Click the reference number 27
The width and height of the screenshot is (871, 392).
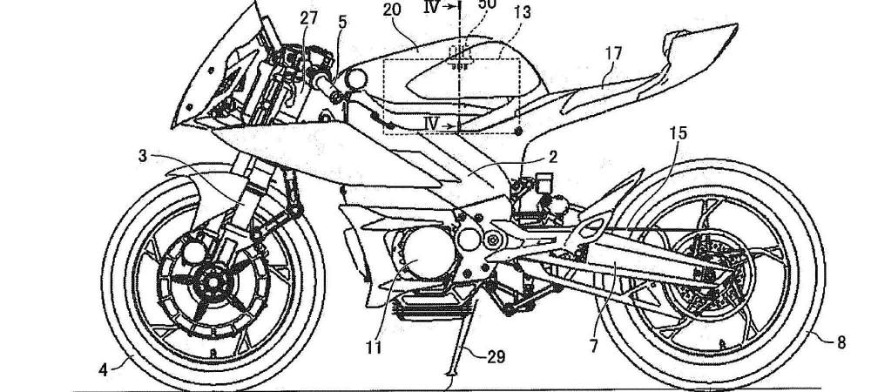coord(310,17)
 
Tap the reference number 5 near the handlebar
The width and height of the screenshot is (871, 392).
coord(342,21)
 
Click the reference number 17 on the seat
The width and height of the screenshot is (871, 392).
coord(613,54)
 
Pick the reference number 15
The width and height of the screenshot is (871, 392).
coord(678,133)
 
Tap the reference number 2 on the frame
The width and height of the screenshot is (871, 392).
coord(552,158)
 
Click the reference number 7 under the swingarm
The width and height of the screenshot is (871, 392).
coord(595,345)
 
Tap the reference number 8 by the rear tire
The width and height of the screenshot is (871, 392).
coord(841,343)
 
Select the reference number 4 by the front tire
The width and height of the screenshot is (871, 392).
coord(103,368)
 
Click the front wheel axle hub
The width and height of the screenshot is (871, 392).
coord(210,282)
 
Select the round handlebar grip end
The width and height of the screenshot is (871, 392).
coord(355,78)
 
